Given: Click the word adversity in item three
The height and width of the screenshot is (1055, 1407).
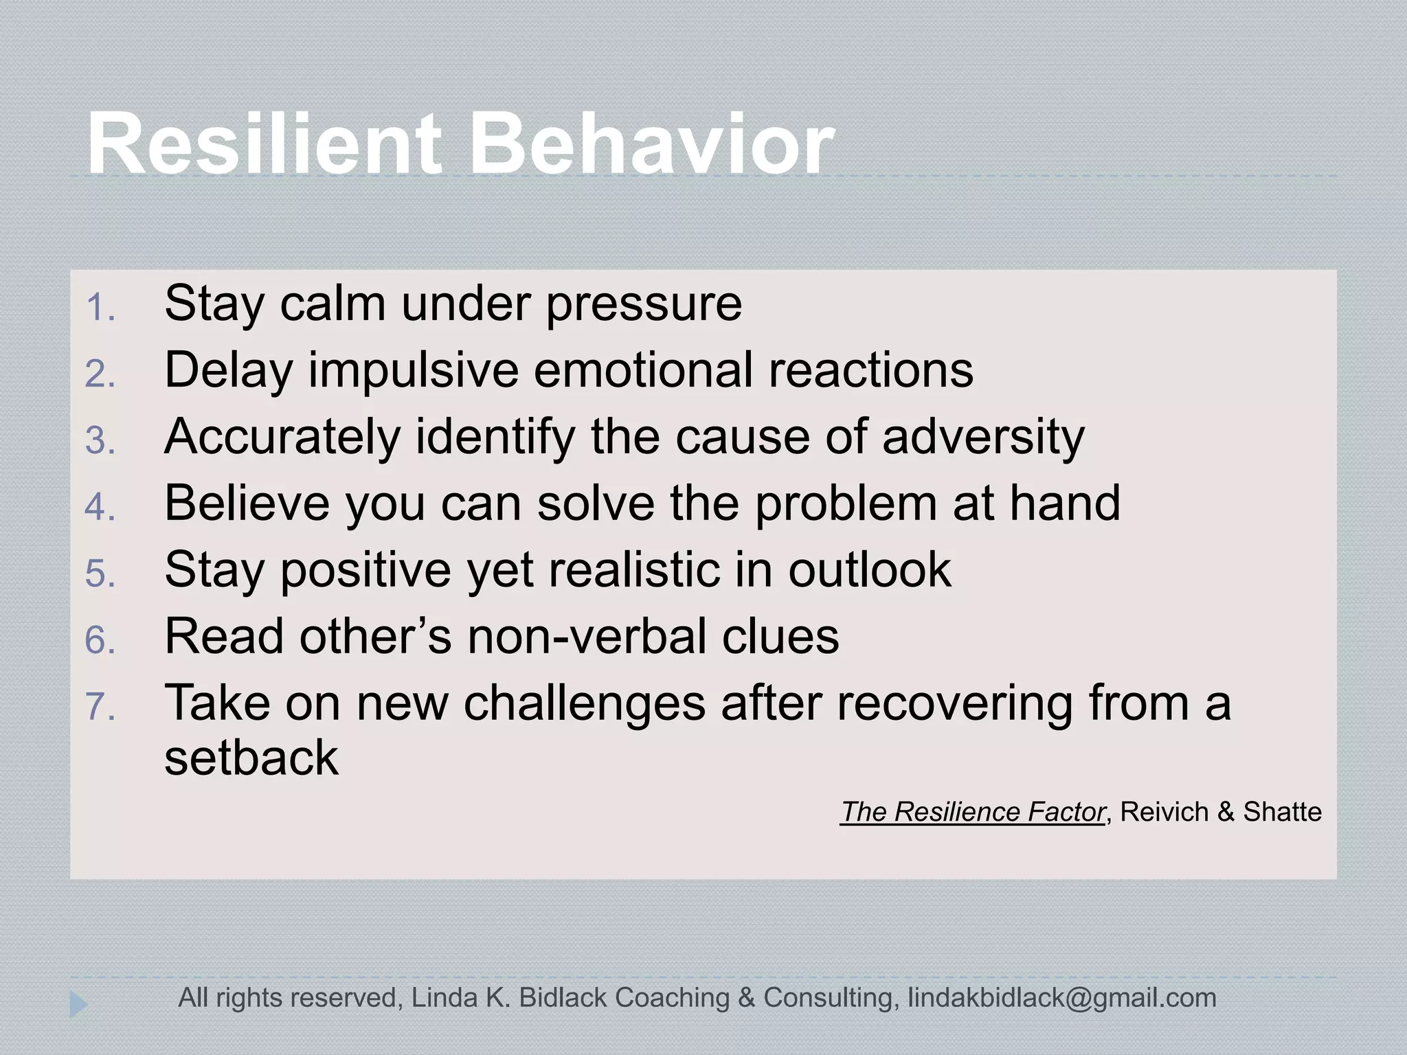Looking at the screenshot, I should pyautogui.click(x=983, y=438).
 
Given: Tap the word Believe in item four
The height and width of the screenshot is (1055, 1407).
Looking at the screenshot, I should pyautogui.click(x=247, y=503).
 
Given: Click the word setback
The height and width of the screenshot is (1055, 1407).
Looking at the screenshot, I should pyautogui.click(x=251, y=758).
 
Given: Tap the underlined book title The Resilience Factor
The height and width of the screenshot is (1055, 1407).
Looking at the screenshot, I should pyautogui.click(x=972, y=813).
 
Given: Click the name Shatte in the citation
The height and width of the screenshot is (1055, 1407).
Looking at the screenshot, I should pyautogui.click(x=1282, y=813).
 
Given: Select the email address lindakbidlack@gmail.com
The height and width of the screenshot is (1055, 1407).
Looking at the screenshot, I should pyautogui.click(x=1061, y=998).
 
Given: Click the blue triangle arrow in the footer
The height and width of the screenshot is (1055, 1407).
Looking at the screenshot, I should pyautogui.click(x=78, y=1005).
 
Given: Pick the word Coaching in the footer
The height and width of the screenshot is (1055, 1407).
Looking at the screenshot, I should pyautogui.click(x=671, y=998).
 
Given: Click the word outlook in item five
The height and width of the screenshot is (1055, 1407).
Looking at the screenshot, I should pyautogui.click(x=869, y=571).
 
